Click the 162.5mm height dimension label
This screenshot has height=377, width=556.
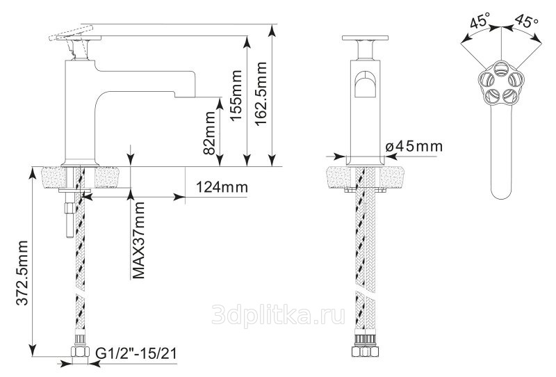(261, 93)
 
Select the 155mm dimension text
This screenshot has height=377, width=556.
(236, 95)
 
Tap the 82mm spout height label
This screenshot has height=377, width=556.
(209, 133)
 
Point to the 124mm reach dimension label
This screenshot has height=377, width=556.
(222, 186)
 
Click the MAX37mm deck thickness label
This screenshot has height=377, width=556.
(138, 241)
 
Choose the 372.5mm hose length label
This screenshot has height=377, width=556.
(22, 273)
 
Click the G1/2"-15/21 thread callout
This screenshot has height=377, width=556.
(136, 353)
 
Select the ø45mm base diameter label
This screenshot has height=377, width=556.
(414, 146)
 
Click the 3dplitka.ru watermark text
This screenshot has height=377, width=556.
(279, 314)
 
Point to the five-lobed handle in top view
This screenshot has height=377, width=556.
(500, 83)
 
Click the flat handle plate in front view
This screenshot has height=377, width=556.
(365, 38)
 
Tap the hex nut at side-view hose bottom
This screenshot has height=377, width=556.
(80, 352)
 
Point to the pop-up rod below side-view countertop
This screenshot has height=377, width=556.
(69, 219)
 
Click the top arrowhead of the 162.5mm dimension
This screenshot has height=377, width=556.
(272, 31)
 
